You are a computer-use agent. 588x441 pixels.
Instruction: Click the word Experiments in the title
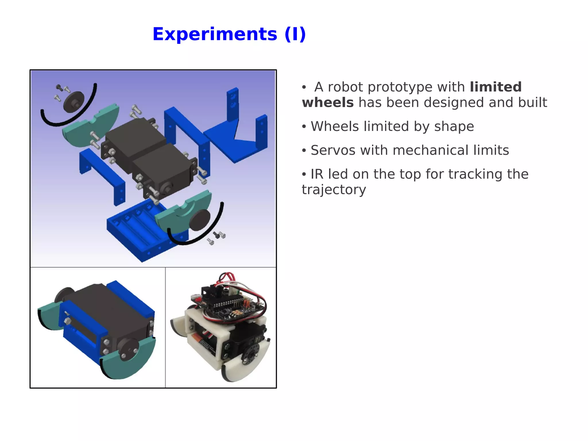pos(215,34)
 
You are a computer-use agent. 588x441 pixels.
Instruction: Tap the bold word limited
pos(496,87)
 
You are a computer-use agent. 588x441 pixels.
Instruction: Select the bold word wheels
pos(328,103)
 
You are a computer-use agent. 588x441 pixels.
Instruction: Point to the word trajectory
pos(334,190)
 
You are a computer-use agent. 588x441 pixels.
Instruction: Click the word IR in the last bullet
pos(317,174)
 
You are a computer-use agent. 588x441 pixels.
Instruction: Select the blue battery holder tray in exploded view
pos(135,230)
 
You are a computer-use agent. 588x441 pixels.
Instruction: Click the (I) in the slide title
pos(295,34)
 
